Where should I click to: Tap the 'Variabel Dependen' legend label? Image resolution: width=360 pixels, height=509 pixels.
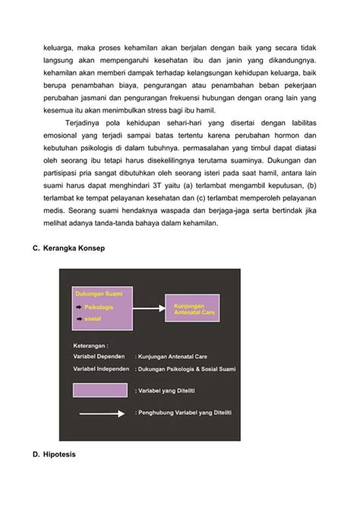[x=100, y=355]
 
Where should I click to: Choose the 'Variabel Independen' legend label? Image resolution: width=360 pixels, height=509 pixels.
[x=103, y=368]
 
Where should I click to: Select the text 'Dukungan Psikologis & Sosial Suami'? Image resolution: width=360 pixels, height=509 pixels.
[x=187, y=369]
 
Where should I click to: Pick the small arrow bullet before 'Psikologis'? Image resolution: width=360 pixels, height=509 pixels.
[x=78, y=307]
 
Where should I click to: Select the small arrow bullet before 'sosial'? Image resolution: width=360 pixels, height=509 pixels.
[x=78, y=319]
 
